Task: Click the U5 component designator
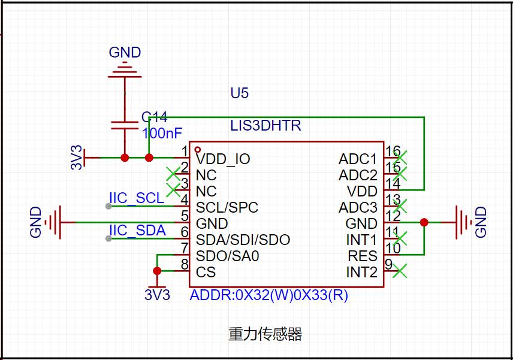tap(239, 93)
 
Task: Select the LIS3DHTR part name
tap(265, 126)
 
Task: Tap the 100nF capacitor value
tap(162, 133)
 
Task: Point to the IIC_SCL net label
tap(136, 198)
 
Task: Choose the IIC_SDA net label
tap(137, 231)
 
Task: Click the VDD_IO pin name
tap(223, 159)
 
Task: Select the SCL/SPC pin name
tap(227, 208)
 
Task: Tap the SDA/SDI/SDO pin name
tap(243, 240)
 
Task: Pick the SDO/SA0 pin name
tap(228, 256)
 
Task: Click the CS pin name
tap(206, 273)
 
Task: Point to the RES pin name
tap(363, 256)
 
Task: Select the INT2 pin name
tap(361, 273)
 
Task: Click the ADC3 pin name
tap(358, 208)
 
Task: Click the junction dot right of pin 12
tap(424, 222)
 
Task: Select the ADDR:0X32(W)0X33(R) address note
tap(268, 296)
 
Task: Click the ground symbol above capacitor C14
tap(125, 68)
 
